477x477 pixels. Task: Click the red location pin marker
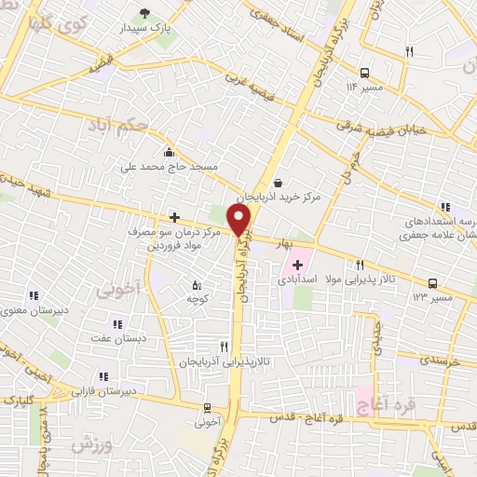pos(240,220)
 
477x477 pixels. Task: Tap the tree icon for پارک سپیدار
pos(144,12)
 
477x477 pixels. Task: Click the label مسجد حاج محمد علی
pos(169,167)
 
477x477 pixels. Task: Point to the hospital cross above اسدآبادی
pos(297,266)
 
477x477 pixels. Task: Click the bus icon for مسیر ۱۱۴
pos(363,71)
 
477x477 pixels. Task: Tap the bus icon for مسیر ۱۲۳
pos(431,282)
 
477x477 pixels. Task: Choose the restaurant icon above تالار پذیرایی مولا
pos(360,265)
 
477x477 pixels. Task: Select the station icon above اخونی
pos(209,406)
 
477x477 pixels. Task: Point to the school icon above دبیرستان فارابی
pos(102,376)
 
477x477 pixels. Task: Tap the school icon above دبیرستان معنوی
pos(34,295)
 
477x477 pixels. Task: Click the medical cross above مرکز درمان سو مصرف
pos(173,217)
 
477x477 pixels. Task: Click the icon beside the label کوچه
pos(196,285)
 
